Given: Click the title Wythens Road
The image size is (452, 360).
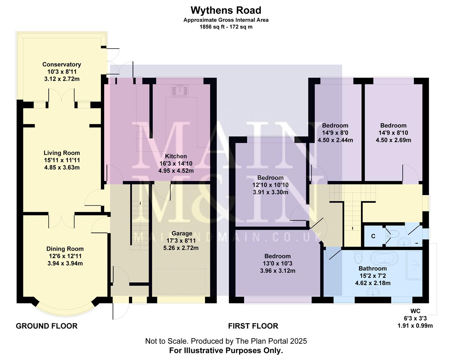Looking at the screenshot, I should [226, 10].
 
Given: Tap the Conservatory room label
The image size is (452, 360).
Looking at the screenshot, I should [62, 64].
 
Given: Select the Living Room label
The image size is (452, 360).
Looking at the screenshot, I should [62, 153].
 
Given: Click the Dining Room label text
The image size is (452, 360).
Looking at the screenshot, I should [65, 249].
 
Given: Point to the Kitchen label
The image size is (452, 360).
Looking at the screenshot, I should [176, 156].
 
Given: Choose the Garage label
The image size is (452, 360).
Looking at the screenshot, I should [182, 233].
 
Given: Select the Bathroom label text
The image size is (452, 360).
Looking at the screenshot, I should [372, 268].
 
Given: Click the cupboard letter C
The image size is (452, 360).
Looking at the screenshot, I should [373, 236].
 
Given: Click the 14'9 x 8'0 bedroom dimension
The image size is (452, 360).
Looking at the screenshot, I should [335, 133].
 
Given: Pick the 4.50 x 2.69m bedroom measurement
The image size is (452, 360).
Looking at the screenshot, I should [393, 140].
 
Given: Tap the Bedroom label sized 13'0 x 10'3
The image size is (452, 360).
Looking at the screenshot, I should [277, 256].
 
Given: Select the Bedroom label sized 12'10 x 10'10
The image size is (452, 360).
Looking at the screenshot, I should [270, 178].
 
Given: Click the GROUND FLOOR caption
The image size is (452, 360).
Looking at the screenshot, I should [47, 326].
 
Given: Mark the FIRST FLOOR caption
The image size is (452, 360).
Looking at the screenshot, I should [253, 326].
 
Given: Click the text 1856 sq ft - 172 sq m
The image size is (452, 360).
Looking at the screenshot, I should [226, 27].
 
